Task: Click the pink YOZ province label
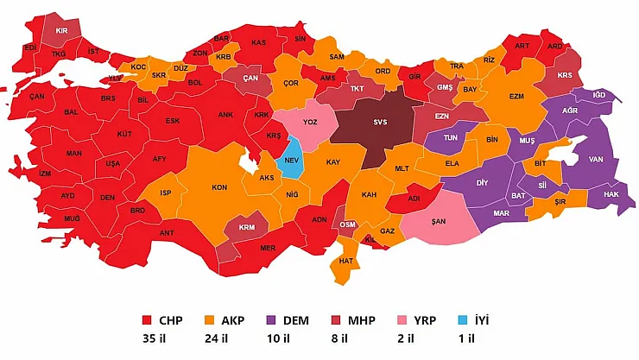click(309, 123)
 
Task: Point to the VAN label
click(595, 159)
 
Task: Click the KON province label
click(220, 187)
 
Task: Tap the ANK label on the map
click(225, 114)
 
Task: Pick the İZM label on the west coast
click(45, 174)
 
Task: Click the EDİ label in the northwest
click(30, 47)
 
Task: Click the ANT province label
click(168, 232)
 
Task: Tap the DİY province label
click(482, 183)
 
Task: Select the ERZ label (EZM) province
click(516, 96)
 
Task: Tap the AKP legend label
click(231, 320)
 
